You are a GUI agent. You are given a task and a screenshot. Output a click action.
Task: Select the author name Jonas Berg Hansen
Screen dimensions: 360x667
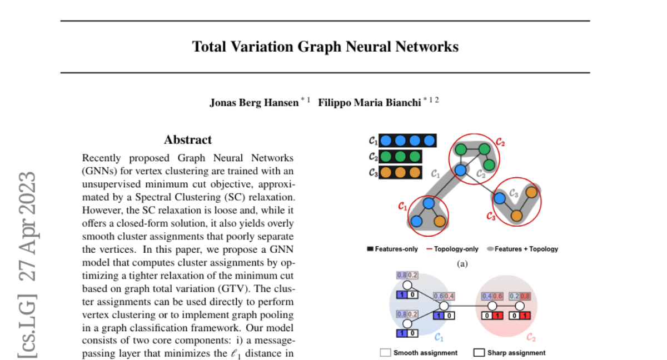pos(253,103)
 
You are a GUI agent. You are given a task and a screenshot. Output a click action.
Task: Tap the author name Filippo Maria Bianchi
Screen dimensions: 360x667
pos(369,103)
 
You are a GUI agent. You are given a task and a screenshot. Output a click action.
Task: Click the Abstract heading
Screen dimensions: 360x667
pos(188,140)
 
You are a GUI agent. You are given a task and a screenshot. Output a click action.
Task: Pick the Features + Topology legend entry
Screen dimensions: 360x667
pos(522,249)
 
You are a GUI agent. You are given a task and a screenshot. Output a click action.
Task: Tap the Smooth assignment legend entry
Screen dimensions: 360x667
pos(419,353)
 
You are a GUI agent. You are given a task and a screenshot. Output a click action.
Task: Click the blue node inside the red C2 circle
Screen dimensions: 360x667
pos(460,170)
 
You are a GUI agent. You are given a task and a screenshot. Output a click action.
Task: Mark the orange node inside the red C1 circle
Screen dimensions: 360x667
pos(439,221)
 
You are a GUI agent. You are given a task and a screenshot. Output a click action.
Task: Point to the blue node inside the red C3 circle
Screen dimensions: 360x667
pos(500,197)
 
